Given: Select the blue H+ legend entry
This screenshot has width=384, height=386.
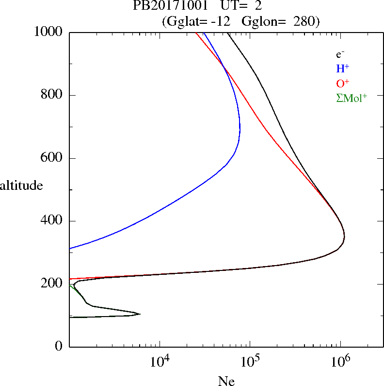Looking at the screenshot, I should coord(342,68).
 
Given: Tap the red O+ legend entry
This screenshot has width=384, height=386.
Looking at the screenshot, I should coord(343,83).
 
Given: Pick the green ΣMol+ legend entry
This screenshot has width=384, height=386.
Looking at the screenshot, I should coord(352,98).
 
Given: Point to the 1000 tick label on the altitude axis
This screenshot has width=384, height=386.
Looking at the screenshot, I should coord(49,32).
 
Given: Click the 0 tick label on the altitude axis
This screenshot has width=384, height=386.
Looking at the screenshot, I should coord(59,347).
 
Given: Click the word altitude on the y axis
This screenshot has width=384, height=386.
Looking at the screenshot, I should coord(21,185).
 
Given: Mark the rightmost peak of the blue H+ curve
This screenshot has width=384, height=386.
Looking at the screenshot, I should coord(240,130).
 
